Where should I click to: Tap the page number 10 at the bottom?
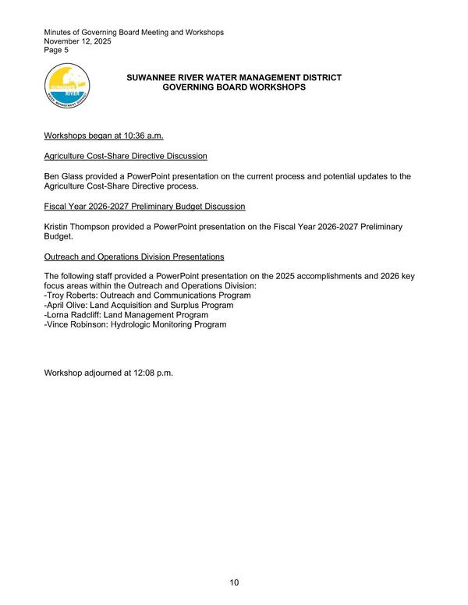tap(234, 582)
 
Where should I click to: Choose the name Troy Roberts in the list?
tap(74, 295)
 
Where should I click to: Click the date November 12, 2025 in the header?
tap(78, 41)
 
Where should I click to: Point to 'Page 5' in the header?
tap(56, 51)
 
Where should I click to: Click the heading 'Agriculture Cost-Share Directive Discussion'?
tap(126, 156)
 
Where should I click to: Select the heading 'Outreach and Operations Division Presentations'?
tap(134, 256)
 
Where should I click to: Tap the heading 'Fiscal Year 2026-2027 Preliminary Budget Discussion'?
tap(144, 206)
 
